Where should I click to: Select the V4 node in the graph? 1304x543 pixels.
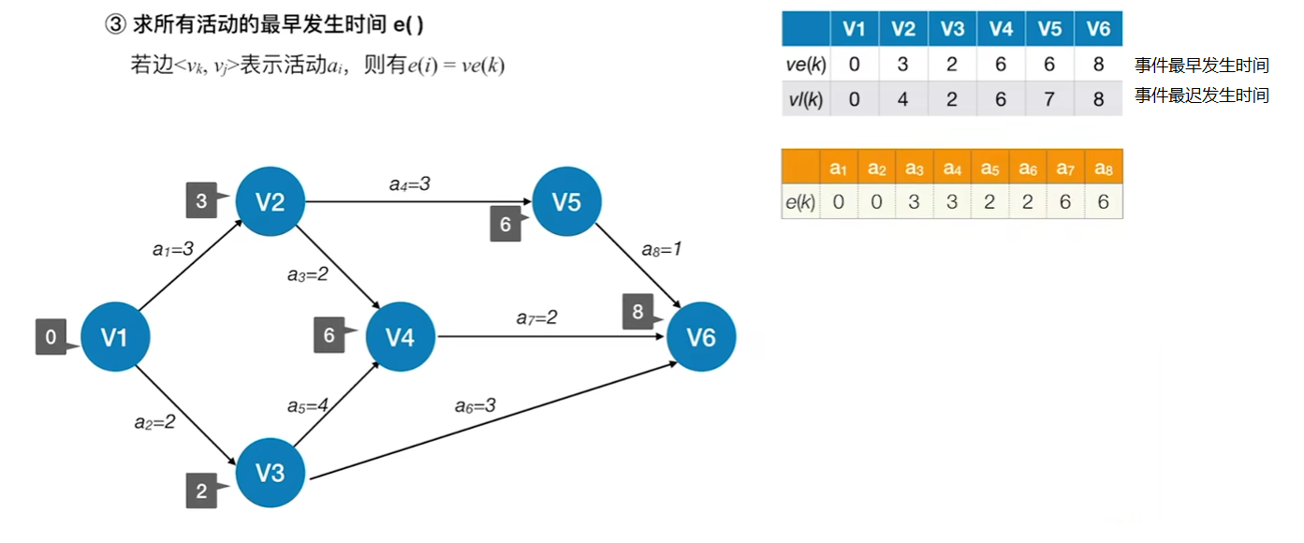coord(401,337)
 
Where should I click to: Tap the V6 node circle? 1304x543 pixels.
coord(701,337)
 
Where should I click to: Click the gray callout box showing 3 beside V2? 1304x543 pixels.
coord(201,199)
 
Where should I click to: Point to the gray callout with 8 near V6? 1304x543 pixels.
coord(637,312)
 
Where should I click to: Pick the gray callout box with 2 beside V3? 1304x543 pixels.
coord(201,491)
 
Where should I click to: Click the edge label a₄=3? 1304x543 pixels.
coord(410,184)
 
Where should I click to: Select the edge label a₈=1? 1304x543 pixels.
coord(661,250)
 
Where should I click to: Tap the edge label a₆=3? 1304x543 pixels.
coord(476,405)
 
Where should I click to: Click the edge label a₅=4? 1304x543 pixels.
coord(308,406)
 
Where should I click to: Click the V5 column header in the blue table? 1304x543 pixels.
coord(1049,29)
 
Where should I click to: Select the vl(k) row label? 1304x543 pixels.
coord(805,99)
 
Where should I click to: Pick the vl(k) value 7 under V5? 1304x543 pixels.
coord(1049,99)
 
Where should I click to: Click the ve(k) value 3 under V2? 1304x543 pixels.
coord(902,65)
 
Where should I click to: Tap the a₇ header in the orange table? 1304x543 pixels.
coord(1065,169)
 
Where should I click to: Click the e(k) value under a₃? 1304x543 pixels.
coord(914,202)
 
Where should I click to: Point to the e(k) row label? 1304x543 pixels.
coord(800,202)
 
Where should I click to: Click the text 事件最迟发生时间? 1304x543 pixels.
coord(1202,95)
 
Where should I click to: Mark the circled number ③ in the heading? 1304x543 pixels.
coord(115,25)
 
